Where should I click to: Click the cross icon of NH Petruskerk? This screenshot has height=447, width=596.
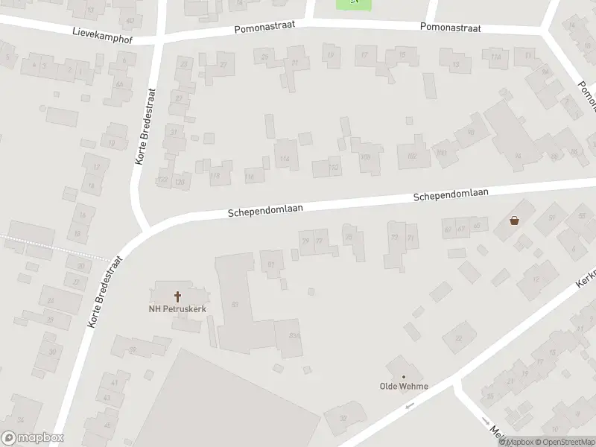[x=177, y=296]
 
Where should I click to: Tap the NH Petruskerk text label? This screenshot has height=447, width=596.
[x=177, y=309]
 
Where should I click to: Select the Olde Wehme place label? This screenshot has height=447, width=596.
[x=404, y=387]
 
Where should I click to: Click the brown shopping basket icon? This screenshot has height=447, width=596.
[x=514, y=220]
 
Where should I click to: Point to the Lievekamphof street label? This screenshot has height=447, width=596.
[x=102, y=34]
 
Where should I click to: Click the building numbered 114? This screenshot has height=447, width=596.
[x=285, y=158]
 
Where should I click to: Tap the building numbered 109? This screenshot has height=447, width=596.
[x=366, y=156]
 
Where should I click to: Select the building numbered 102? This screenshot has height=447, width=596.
[x=412, y=155]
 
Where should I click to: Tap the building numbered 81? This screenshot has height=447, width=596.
[x=271, y=263]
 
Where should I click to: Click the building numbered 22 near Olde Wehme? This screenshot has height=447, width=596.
[x=458, y=338]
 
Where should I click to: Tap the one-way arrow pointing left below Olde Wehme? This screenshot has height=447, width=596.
[x=408, y=407]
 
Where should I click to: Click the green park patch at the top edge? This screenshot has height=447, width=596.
[x=354, y=4]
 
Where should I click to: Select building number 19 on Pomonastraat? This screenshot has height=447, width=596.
[x=332, y=54]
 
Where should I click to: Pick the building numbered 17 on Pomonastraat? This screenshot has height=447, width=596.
[x=364, y=56]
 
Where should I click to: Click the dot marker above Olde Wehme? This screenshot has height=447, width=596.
[x=404, y=377]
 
